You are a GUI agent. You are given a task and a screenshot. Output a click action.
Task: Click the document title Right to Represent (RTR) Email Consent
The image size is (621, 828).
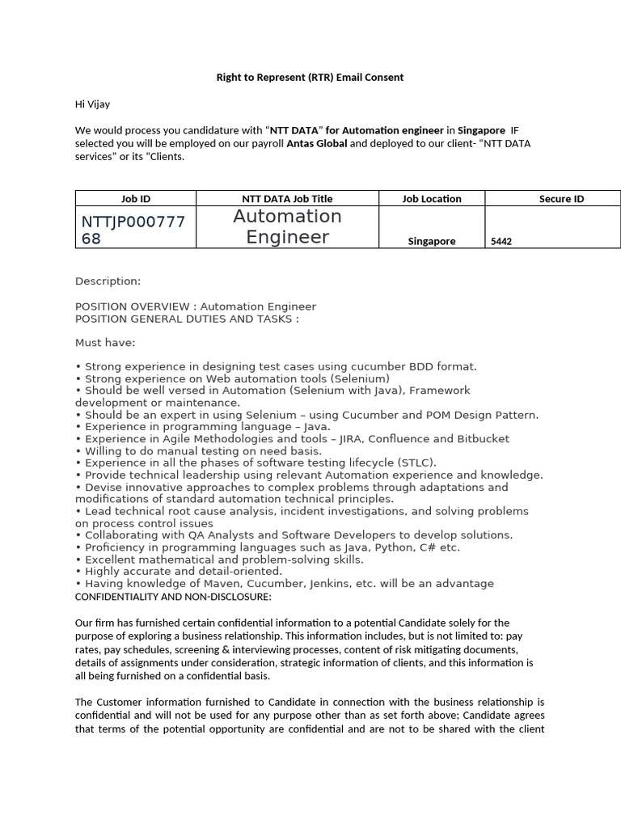click(310, 78)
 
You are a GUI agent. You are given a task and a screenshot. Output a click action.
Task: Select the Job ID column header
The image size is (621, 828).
click(135, 199)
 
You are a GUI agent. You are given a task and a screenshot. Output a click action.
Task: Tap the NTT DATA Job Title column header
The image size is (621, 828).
click(287, 199)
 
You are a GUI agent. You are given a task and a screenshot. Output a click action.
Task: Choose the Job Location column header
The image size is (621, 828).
click(432, 199)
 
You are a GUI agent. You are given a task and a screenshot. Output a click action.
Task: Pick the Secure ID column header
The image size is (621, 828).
click(561, 199)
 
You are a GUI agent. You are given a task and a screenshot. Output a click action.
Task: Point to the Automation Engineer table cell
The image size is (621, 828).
click(287, 226)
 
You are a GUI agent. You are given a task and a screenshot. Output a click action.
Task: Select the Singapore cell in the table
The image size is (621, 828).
click(432, 241)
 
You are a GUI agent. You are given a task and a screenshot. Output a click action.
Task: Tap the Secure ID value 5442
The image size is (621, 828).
click(501, 241)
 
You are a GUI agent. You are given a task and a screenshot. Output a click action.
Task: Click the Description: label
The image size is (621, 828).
click(108, 281)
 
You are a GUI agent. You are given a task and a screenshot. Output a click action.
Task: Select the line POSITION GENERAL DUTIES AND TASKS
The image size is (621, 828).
click(187, 319)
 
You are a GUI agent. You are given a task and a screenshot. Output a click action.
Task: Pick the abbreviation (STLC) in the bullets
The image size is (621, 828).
click(415, 463)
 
